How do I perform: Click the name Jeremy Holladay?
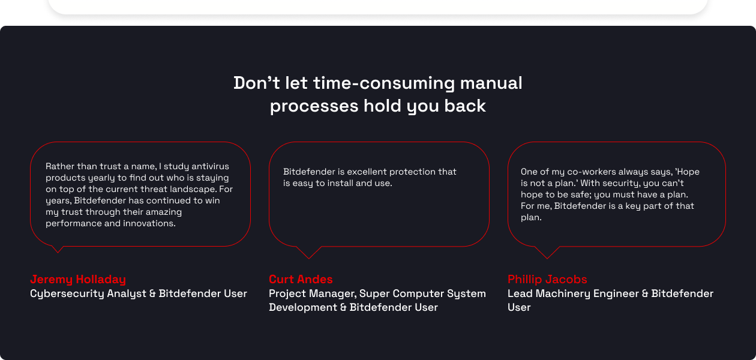[78, 279]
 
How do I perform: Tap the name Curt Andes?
[301, 279]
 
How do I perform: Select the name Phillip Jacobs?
[547, 279]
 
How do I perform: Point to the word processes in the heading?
[314, 106]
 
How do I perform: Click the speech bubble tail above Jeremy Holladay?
[58, 248]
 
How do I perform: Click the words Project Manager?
[312, 293]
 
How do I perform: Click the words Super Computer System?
[424, 293]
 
